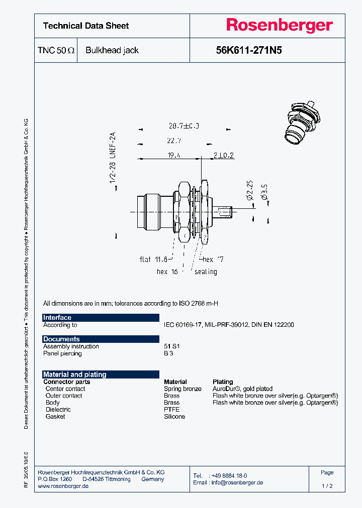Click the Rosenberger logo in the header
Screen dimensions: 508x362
click(x=279, y=26)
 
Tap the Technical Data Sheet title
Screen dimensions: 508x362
click(x=86, y=26)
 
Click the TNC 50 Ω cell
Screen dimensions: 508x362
click(x=56, y=50)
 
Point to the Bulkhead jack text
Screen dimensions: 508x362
click(x=112, y=50)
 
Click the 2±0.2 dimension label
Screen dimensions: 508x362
click(x=223, y=156)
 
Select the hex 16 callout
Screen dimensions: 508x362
click(x=168, y=272)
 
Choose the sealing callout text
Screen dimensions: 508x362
click(x=206, y=272)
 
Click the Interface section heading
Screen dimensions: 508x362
click(x=57, y=318)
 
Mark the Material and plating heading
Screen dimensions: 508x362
click(x=75, y=374)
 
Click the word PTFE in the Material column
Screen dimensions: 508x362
click(x=171, y=410)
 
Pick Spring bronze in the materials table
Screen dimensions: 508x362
click(x=183, y=389)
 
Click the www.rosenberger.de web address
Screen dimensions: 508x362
click(x=63, y=486)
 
